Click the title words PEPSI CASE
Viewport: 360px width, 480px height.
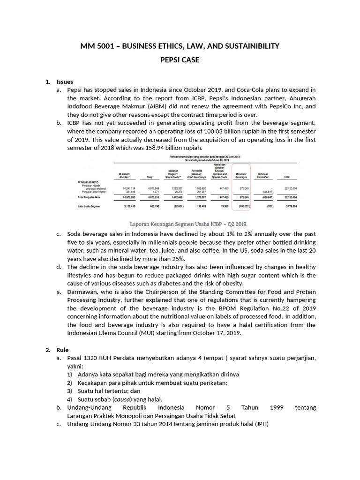[x=180, y=60]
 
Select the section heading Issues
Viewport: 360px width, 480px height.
[x=64, y=82]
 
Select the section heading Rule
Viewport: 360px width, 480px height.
[x=62, y=350]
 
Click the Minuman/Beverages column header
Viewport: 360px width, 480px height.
[x=243, y=176]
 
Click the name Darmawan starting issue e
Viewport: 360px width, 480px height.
[x=82, y=292]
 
